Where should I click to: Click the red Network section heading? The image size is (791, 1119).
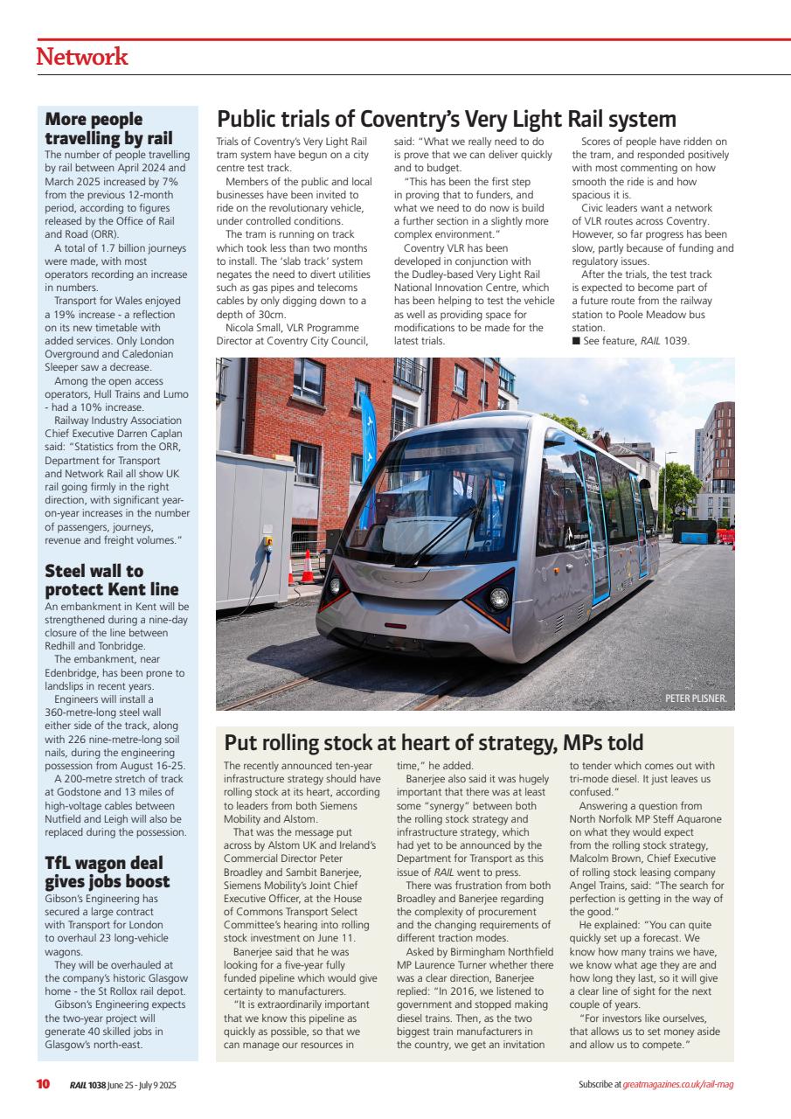81,58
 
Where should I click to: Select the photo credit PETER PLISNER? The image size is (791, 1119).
696,699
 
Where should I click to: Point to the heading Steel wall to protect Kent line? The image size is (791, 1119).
111,580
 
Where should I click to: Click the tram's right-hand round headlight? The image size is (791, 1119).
498,598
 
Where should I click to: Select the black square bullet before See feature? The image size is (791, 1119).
576,341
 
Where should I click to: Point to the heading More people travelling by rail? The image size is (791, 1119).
108,129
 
